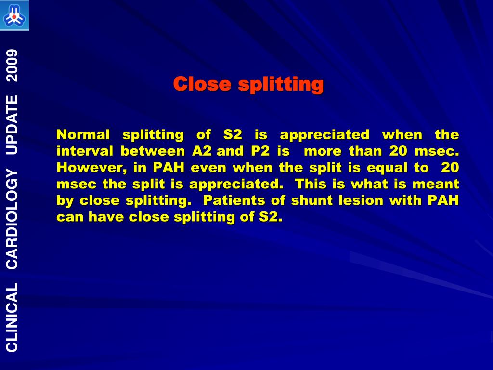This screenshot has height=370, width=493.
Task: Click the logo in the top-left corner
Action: (x=14, y=15)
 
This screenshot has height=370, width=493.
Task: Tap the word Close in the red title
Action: (x=202, y=84)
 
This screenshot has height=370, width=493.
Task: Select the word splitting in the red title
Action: (x=281, y=85)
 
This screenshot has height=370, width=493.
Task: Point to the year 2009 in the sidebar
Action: (x=12, y=66)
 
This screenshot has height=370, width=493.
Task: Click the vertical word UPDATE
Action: (x=12, y=125)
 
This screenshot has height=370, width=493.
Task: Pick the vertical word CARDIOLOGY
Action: (x=12, y=219)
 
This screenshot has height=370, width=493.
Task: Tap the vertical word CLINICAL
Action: (x=12, y=317)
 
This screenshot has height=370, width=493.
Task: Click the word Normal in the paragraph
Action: (x=83, y=134)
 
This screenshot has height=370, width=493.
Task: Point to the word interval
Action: (x=85, y=151)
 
